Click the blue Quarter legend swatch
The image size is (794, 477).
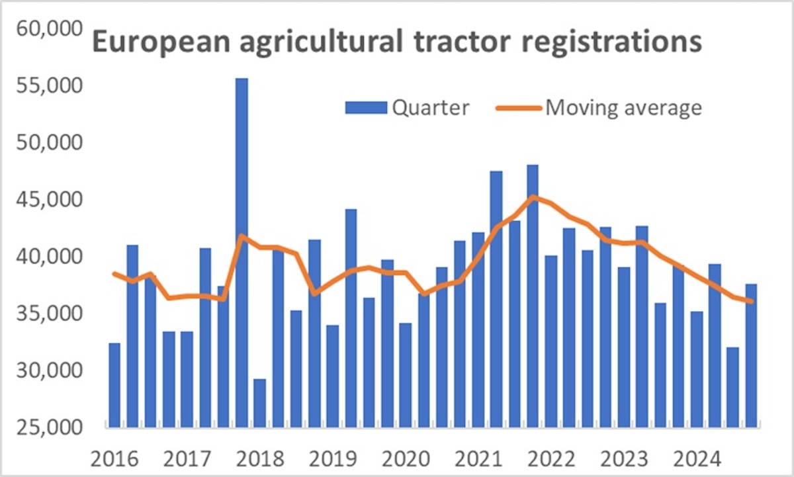[365, 108]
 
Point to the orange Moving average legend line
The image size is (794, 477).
[517, 108]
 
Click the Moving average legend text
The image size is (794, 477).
[623, 108]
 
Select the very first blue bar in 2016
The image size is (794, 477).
[114, 384]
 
